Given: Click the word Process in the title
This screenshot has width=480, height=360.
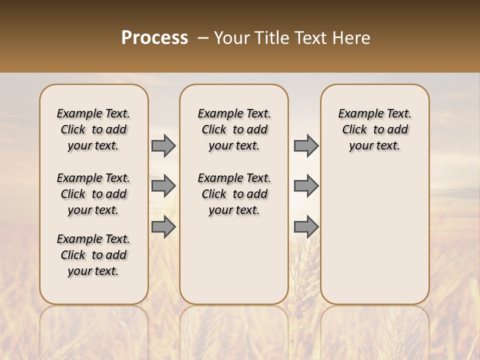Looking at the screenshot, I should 154,38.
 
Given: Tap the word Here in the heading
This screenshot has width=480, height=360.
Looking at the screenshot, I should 353,38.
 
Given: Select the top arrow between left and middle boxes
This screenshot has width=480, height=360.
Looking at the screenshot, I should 163,145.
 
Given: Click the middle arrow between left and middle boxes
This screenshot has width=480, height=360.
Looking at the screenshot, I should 163,186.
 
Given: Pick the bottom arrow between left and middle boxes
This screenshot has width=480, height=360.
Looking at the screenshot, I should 163,227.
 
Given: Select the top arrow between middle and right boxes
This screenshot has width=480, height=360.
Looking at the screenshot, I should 306,145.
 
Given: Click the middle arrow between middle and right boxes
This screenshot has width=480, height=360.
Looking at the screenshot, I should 306,186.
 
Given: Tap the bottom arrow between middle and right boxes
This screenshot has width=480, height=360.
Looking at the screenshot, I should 306,227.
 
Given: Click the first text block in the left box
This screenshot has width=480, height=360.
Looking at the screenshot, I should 93,129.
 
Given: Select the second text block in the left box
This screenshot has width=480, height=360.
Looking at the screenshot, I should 93,194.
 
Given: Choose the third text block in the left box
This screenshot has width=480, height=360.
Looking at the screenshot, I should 93,255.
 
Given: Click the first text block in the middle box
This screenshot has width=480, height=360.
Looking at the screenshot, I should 234,129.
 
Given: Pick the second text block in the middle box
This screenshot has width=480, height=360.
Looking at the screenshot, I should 234,194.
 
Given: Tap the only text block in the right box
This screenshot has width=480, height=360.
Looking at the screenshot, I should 374,129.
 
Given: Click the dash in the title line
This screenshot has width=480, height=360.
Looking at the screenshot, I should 203,38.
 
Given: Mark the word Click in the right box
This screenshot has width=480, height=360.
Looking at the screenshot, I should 354,130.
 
